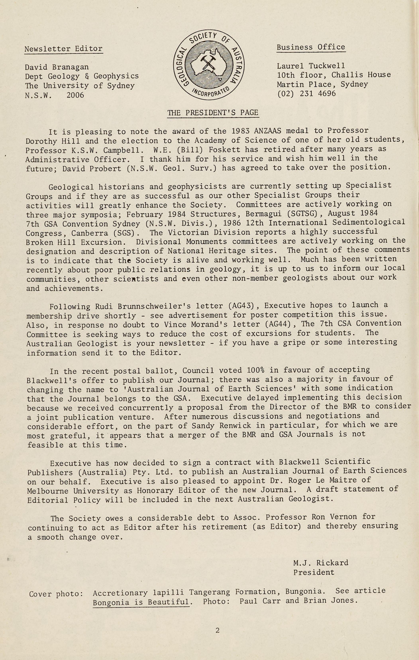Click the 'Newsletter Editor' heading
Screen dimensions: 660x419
point(63,49)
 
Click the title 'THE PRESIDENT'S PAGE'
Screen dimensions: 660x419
point(213,113)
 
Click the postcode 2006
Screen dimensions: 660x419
point(75,95)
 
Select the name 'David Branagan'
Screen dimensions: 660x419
point(57,67)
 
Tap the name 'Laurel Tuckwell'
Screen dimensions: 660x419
point(311,66)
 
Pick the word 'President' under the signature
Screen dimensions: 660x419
point(314,572)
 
